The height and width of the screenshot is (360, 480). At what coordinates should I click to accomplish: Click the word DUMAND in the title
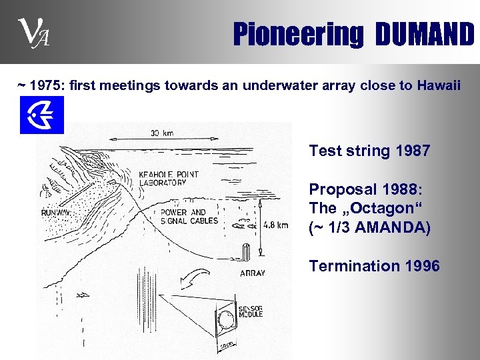[x=425, y=35]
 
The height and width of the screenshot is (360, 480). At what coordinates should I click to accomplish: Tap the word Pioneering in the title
[x=297, y=35]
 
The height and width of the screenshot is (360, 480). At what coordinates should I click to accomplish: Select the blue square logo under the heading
[x=42, y=115]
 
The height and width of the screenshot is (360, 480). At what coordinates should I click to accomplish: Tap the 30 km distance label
[x=161, y=133]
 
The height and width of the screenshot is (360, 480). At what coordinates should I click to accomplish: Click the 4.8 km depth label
[x=275, y=225]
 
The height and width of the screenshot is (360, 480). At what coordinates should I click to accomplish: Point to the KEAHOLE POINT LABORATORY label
[x=168, y=179]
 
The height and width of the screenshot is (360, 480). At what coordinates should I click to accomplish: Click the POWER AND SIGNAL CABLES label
[x=189, y=217]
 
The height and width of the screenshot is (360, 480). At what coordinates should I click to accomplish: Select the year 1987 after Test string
[x=413, y=151]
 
